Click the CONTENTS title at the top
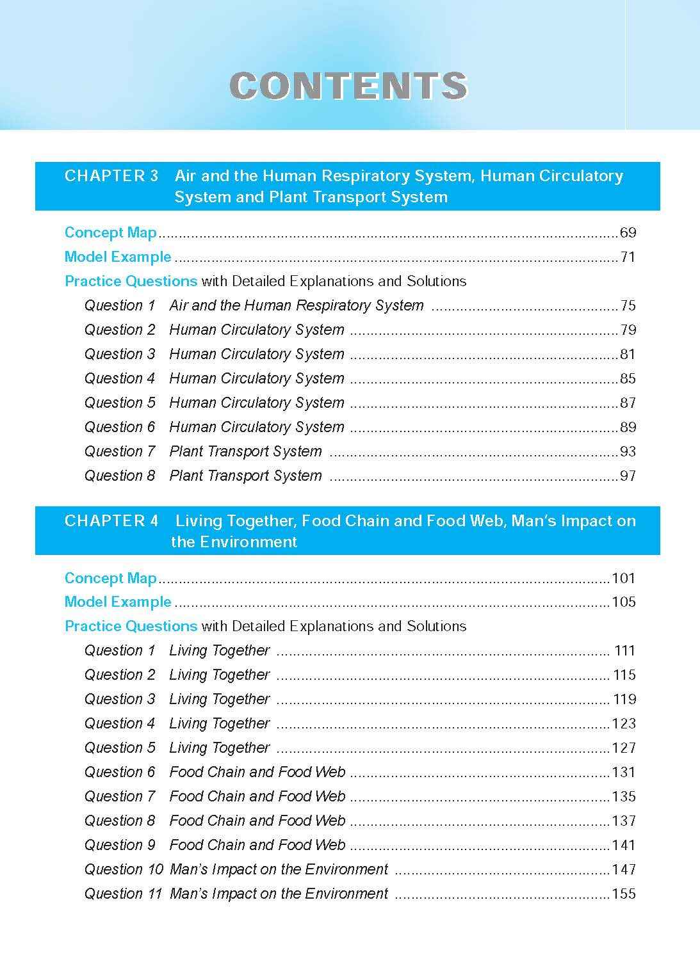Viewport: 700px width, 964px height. pos(349,86)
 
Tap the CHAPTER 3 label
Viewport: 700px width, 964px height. pos(111,176)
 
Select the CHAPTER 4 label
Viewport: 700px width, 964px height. pos(111,521)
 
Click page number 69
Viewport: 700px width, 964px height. pos(628,232)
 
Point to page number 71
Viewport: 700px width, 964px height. pos(628,257)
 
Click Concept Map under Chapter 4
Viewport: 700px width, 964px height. pos(111,578)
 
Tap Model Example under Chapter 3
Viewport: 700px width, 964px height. pos(118,257)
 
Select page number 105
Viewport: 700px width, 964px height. pos(624,602)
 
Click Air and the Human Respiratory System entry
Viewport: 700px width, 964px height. pos(297,305)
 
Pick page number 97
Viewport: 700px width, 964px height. pos(628,476)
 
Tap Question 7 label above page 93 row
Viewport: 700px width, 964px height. pos(120,451)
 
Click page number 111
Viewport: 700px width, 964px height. pos(624,650)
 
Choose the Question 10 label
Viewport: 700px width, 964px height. pos(124,869)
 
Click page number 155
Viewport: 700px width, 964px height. pos(624,894)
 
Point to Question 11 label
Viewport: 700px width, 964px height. pos(123,894)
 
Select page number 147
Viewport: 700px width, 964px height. pos(624,869)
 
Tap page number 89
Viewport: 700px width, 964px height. pos(628,427)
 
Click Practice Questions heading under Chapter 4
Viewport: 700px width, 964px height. pos(131,626)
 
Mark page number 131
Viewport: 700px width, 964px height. pos(624,772)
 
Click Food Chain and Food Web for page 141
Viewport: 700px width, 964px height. pos(257,845)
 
